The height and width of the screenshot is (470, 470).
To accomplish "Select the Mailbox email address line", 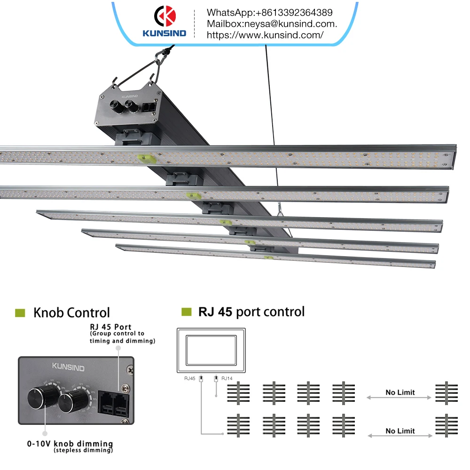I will [x=272, y=23].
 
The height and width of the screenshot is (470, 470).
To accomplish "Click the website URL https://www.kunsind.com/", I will [x=265, y=35].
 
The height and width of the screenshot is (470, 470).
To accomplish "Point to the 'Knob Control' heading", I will [x=71, y=313].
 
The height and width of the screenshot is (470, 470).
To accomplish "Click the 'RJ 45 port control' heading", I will [x=251, y=312].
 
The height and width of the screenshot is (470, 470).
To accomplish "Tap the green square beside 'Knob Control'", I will [x=20, y=313].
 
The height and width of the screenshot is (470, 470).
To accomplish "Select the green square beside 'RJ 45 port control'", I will [x=187, y=312].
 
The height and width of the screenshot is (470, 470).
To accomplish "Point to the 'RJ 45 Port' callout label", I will [x=110, y=327].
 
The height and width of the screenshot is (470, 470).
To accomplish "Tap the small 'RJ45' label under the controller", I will [x=190, y=377].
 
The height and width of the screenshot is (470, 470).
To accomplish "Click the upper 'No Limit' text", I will [x=400, y=392].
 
